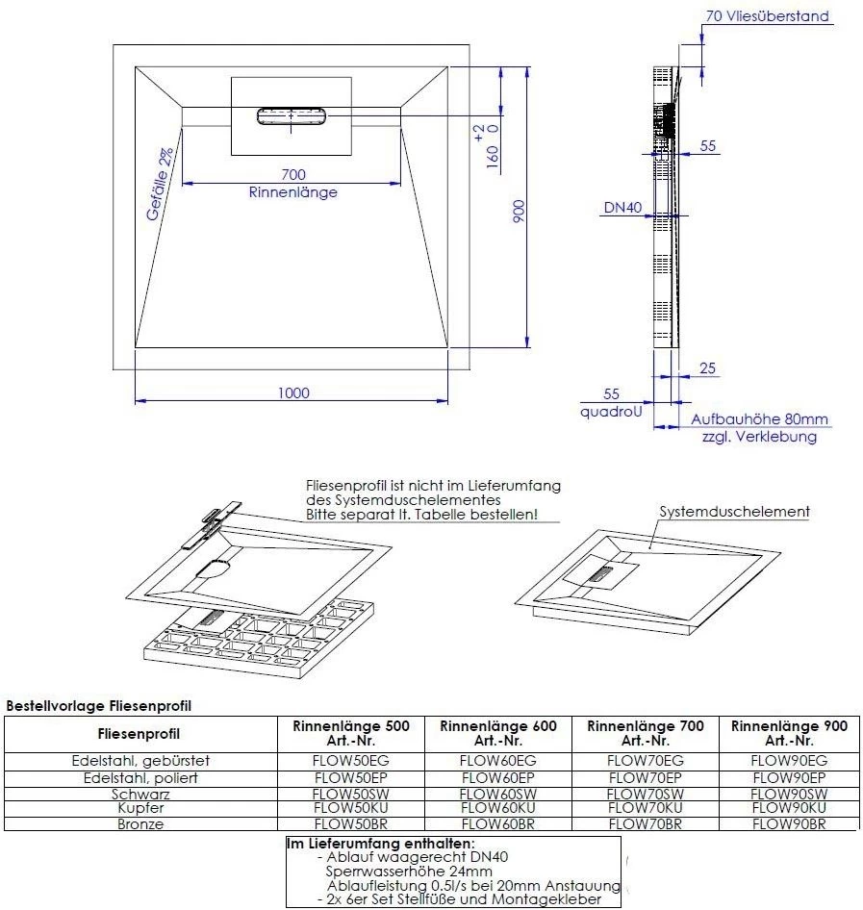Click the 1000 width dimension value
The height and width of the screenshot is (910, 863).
293,392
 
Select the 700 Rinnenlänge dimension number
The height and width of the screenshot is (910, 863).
293,174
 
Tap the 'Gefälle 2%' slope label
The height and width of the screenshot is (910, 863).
160,185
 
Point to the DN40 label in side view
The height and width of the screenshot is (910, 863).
622,208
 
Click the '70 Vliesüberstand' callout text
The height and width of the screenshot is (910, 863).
767,16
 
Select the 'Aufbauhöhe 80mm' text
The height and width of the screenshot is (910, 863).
759,419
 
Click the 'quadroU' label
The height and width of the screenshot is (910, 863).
611,411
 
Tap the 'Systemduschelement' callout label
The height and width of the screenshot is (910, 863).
734,512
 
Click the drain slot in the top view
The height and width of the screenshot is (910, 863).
291,116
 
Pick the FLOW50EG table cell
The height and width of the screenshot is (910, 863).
350,761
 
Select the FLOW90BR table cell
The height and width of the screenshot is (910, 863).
789,824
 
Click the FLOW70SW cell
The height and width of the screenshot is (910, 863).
645,794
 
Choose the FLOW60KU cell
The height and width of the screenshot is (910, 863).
497,809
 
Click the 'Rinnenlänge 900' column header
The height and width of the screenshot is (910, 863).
789,733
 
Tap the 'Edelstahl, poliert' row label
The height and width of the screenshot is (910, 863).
140,777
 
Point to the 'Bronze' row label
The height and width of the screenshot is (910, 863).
140,824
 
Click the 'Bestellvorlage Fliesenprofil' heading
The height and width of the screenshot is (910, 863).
99,706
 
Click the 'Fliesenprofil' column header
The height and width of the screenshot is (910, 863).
140,734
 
